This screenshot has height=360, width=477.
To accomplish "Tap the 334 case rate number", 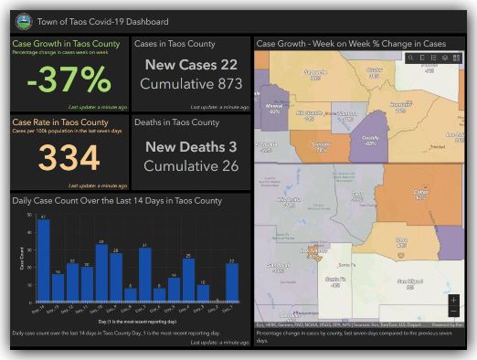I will point(69,157).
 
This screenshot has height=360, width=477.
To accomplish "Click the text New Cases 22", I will point(190,65).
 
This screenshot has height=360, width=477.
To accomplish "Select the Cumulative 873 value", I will point(190,84).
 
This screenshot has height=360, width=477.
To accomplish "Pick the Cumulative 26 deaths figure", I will point(190,166).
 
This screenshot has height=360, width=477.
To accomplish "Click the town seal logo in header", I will point(23,20).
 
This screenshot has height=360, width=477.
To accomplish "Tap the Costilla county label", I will point(370,140).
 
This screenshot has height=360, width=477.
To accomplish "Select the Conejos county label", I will point(321,146).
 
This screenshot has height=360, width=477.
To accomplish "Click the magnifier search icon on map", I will point(411,58).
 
